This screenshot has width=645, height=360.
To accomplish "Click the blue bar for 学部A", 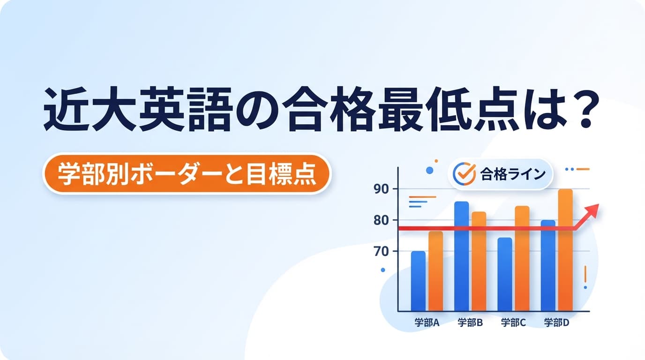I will click(x=418, y=281).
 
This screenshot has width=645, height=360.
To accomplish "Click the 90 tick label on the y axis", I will click(x=381, y=189).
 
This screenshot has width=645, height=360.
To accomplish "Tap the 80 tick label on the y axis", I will click(x=381, y=220).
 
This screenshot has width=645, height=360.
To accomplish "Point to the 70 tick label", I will click(x=381, y=251).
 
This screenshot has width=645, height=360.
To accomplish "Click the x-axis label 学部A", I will click(x=426, y=323).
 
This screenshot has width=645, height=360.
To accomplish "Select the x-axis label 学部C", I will click(x=513, y=323).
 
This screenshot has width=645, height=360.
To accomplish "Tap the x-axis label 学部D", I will click(x=556, y=323).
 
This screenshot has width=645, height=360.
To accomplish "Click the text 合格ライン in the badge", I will click(x=513, y=174).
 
